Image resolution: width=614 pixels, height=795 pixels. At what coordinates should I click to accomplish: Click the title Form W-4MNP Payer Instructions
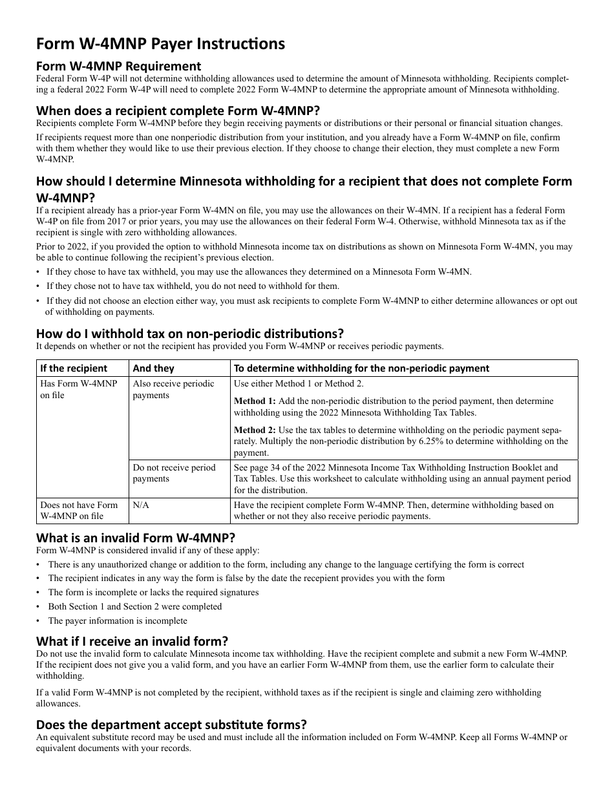160,44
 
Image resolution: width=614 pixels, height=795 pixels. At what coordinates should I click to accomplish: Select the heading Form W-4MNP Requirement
118,66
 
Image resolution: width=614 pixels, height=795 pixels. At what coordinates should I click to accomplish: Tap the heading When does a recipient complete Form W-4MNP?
178,111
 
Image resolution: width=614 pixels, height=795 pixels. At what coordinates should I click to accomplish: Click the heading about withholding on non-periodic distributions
189,334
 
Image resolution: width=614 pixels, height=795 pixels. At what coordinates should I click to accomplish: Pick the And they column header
153,368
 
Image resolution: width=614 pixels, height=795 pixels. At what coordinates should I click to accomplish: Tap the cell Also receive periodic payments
173,389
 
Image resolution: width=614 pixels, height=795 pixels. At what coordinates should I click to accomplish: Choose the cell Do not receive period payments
174,473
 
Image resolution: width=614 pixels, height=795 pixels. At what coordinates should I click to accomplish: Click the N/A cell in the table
141,505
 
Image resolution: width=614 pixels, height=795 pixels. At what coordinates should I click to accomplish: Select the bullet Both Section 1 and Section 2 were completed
134,607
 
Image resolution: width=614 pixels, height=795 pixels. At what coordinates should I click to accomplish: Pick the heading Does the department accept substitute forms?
171,724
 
